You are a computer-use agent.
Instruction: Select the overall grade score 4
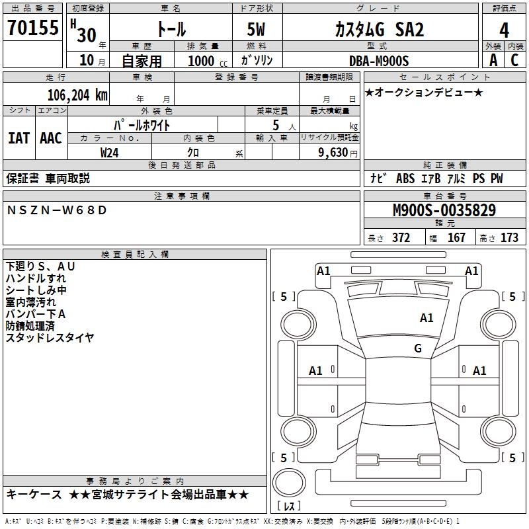point(505,30)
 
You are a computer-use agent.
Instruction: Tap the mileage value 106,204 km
point(77,95)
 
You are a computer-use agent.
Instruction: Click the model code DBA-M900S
point(379,60)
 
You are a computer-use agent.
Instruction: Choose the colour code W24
point(110,152)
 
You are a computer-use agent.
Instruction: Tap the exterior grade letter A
point(493,60)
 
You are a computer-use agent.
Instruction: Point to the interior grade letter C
point(514,60)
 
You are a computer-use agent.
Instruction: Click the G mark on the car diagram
point(418,348)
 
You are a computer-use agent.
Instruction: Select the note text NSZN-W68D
point(56,210)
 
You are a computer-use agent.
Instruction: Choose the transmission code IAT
point(19,138)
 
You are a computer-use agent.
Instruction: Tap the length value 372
point(401,237)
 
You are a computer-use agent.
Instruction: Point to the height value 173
point(509,237)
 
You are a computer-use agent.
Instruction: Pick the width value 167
point(456,237)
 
